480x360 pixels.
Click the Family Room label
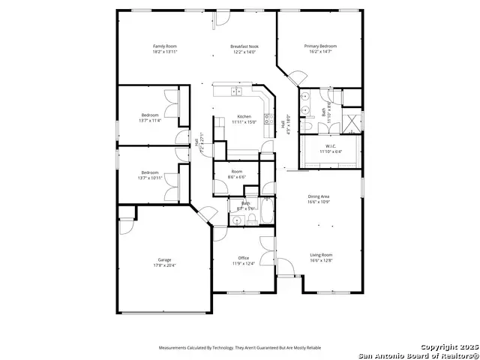point(165,46)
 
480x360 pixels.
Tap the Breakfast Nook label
point(243,46)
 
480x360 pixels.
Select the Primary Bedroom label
point(320,46)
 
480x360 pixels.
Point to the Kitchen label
point(244,116)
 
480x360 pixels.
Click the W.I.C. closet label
point(330,145)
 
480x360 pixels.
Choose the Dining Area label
point(319,196)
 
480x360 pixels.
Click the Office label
point(244,258)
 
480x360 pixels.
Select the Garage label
point(164,259)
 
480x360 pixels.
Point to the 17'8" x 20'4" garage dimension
point(164,265)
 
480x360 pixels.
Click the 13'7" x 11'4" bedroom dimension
point(150,120)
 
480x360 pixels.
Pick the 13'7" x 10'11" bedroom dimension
point(150,177)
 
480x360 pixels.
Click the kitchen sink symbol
point(236,91)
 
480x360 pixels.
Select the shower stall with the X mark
point(352,121)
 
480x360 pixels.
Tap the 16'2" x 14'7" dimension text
point(320,52)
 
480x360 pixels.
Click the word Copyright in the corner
point(439,348)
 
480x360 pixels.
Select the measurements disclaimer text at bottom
point(239,348)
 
